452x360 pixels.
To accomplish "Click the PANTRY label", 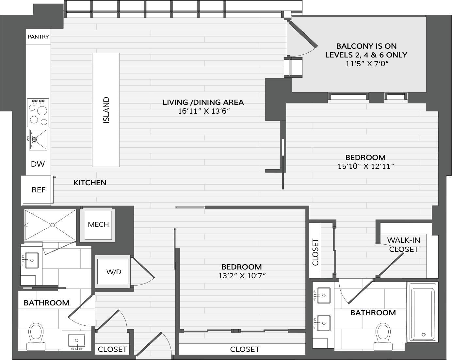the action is point(38,37).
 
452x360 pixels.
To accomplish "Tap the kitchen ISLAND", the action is point(106,110).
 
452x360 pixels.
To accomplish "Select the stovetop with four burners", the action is point(38,113).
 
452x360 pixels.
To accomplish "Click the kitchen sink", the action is point(38,139).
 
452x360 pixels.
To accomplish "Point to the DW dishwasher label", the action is point(38,164).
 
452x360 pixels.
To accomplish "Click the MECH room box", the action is point(98,225).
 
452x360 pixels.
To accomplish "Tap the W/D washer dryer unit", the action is point(113,271).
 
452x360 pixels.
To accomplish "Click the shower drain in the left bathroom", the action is point(53,225).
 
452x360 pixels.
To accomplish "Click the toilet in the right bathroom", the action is point(383,337).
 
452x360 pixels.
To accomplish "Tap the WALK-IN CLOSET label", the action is point(403,245).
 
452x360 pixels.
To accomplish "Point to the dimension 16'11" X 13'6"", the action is point(203,111).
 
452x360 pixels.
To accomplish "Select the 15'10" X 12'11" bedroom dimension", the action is point(366,166).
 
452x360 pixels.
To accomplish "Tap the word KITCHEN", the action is point(90,183).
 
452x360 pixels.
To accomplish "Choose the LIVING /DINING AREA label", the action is point(203,102).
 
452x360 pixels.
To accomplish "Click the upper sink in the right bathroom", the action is point(323,296).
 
